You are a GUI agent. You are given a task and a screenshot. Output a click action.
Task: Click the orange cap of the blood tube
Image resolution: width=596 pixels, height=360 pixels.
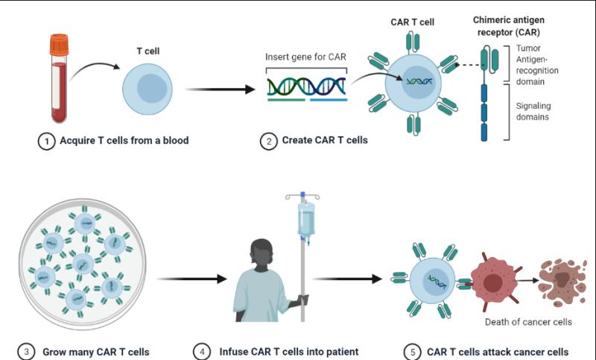(x=60, y=45)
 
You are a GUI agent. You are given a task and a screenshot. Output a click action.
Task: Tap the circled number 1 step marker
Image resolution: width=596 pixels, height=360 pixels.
(x=47, y=141)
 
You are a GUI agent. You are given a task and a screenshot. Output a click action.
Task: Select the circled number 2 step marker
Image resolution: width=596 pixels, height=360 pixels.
(x=269, y=141)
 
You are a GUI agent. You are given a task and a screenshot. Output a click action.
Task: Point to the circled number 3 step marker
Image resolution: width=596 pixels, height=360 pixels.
(x=26, y=352)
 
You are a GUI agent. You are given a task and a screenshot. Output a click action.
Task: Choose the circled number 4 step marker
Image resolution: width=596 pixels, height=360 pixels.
(x=202, y=352)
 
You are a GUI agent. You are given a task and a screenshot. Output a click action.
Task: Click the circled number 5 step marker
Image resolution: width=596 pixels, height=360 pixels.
(x=413, y=352)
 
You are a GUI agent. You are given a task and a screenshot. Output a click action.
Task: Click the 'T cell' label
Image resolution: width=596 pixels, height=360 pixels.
(x=148, y=51)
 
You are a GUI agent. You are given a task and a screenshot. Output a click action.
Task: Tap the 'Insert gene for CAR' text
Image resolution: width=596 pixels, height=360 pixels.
(x=305, y=57)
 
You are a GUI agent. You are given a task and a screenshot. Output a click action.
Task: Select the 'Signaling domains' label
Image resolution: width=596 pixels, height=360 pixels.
(x=533, y=111)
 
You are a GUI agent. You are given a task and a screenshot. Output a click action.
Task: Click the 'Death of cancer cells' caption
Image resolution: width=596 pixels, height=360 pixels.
(x=528, y=322)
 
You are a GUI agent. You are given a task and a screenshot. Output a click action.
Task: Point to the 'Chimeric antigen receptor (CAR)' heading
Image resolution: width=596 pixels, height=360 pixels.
(x=509, y=26)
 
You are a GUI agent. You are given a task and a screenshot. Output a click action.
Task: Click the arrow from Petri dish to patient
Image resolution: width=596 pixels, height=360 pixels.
(x=192, y=279)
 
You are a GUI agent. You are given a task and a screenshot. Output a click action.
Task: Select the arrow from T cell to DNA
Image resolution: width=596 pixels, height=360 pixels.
(x=220, y=89)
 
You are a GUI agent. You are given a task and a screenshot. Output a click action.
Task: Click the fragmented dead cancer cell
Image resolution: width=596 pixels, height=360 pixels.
(x=562, y=282)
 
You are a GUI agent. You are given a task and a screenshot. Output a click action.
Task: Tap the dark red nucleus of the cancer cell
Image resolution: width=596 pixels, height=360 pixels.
(x=493, y=282)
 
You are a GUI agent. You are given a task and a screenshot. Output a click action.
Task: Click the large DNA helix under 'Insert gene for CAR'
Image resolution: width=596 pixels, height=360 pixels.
(x=306, y=86)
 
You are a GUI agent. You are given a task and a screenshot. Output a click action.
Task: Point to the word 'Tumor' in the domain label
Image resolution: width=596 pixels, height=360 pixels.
(x=528, y=48)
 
